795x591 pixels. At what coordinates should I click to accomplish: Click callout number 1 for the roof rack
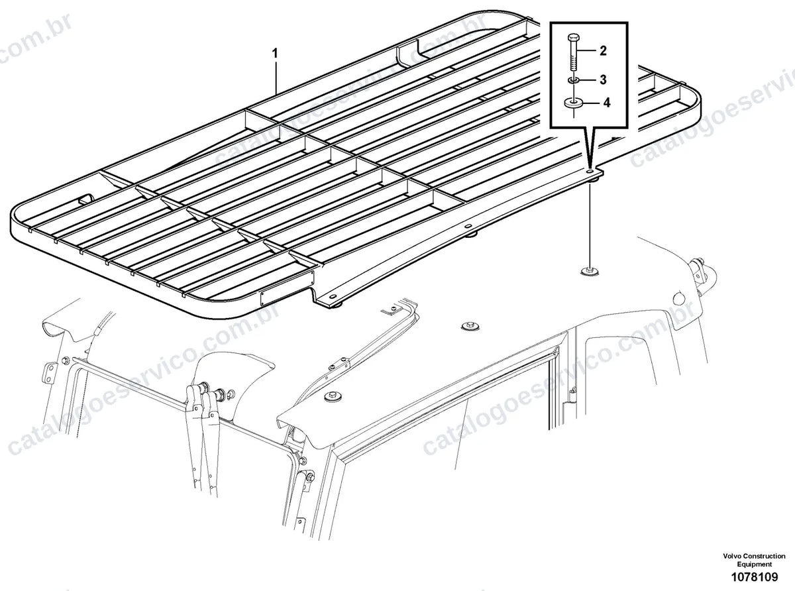[276, 54]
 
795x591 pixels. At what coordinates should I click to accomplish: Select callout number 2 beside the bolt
[604, 50]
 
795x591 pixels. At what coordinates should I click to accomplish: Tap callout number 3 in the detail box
[604, 80]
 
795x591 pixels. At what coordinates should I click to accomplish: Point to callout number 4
[606, 103]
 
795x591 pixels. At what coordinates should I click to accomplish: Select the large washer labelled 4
[573, 103]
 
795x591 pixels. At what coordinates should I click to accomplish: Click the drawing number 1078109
[754, 577]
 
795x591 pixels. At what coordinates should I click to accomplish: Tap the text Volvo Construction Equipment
[754, 560]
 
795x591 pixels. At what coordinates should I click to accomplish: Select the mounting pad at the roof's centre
[468, 326]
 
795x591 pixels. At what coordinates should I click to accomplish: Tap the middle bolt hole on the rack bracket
[468, 227]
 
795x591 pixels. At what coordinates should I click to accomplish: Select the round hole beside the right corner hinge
[678, 297]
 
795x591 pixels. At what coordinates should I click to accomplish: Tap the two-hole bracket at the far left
[49, 374]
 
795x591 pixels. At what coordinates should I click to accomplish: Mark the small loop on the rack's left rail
[85, 198]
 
